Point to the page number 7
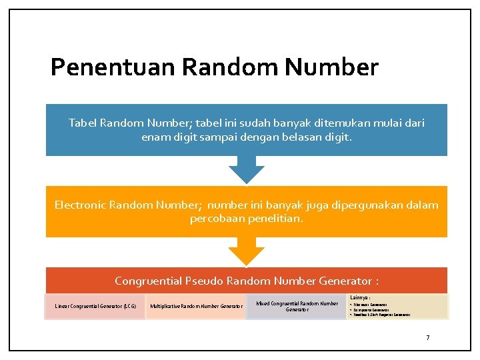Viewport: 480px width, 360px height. pos(428,337)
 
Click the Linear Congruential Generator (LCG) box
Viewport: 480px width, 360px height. pos(95,306)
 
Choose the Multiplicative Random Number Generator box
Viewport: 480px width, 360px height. pos(196,306)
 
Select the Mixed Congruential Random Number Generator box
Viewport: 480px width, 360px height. pos(297,306)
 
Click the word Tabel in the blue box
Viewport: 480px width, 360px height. pos(83,123)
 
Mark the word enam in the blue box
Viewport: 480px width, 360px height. pos(156,137)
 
